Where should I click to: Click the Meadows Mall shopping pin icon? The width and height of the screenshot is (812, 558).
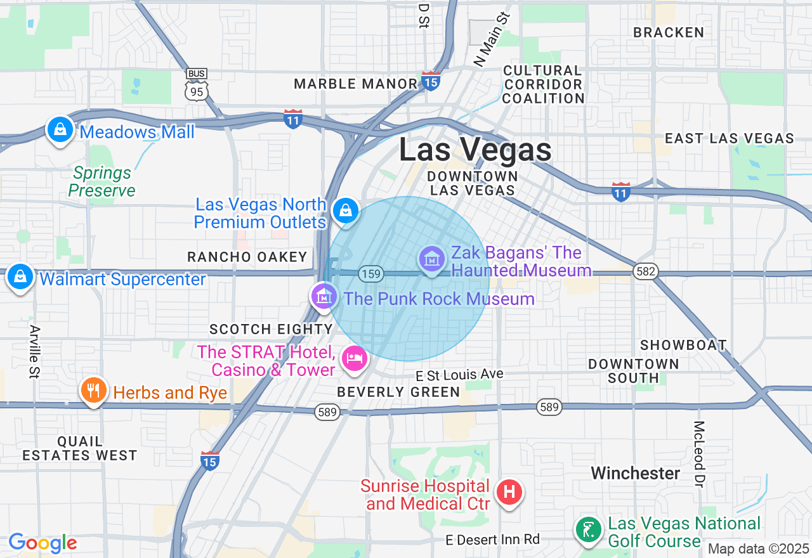pos(60,130)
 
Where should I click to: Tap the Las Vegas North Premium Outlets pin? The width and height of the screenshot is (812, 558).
pos(346,211)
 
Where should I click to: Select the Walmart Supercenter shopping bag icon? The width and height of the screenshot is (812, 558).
pos(21,277)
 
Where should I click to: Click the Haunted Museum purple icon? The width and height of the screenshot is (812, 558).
pos(431,259)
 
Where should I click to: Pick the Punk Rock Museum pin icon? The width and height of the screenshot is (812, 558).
pos(324,296)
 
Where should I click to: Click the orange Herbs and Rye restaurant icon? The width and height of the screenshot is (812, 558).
pos(94,390)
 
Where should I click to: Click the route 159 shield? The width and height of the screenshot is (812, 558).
pos(370,274)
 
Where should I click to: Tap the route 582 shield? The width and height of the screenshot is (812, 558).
pos(645,272)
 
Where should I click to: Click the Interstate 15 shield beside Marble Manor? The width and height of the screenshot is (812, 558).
pos(431,81)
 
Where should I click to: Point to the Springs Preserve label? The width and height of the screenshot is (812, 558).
pos(101,181)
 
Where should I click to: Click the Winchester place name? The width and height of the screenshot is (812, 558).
pos(636,473)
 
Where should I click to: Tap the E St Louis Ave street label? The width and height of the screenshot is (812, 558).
pos(459,374)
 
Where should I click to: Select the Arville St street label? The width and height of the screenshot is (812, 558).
pos(34,352)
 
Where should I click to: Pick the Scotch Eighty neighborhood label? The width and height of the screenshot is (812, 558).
pos(271,329)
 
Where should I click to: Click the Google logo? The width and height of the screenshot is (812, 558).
pos(43,543)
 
